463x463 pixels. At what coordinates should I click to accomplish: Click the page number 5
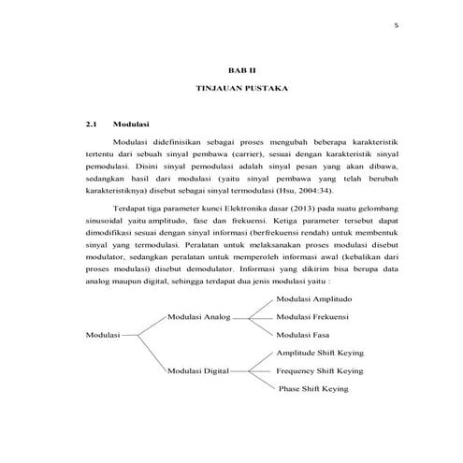coord(397,27)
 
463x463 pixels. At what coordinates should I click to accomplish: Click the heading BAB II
coord(241,69)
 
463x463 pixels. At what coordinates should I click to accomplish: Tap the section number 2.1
coord(91,123)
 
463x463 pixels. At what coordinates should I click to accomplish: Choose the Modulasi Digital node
coord(198,371)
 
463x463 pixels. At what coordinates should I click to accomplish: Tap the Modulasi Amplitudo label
coord(314,298)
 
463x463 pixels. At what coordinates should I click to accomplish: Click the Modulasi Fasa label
coord(305,334)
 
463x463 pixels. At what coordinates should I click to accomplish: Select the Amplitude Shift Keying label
coord(320,354)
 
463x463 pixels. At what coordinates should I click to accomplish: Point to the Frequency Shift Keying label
coord(320,371)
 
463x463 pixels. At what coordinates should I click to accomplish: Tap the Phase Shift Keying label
coord(320,389)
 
